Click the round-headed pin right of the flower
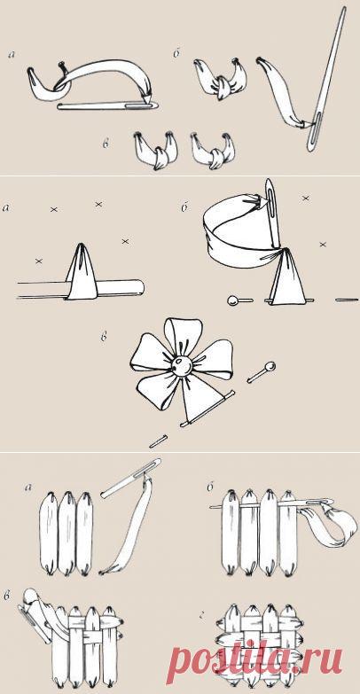(x=262, y=371)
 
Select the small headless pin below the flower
(x=158, y=441)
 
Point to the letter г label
(x=203, y=615)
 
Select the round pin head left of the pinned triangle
(x=232, y=301)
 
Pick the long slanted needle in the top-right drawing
(x=326, y=80)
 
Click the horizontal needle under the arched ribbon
(x=107, y=105)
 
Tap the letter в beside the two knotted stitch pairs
(x=106, y=144)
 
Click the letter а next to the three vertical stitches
(x=29, y=488)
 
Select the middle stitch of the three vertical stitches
(x=67, y=533)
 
